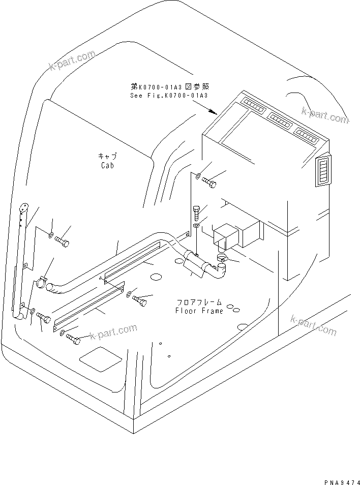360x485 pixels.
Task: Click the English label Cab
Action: click(107, 165)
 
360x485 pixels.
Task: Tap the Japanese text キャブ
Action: click(107, 156)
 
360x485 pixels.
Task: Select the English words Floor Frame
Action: click(199, 311)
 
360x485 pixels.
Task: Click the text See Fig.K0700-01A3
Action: click(162, 95)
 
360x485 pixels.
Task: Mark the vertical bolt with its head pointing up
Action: click(197, 210)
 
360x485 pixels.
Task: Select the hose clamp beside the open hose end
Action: click(42, 281)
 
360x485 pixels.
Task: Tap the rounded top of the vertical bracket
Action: click(23, 207)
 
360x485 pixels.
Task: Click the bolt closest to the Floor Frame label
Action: click(140, 301)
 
